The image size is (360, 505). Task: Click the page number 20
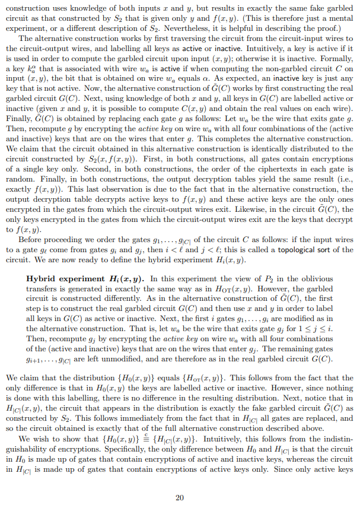point(180,481)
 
